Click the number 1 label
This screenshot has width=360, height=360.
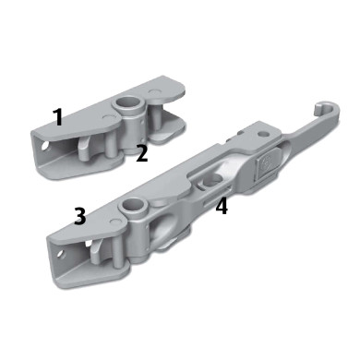57,117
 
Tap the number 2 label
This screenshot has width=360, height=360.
142,153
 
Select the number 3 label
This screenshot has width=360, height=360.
80,216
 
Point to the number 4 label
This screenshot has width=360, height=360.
222,206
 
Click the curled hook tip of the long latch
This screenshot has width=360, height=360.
320,108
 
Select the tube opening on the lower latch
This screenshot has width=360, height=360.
133,204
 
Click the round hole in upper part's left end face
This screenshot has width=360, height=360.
46,146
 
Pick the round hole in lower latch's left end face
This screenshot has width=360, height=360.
62,254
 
